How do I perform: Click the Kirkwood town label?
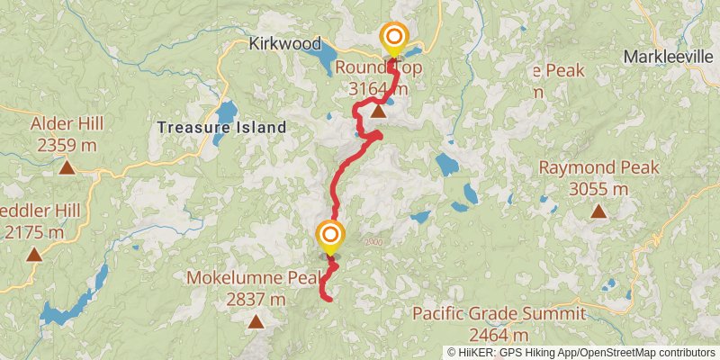point(284,43)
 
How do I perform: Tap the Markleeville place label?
point(670,57)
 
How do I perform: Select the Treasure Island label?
point(221,128)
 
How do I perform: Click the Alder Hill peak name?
point(67,123)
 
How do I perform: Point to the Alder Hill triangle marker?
point(67,166)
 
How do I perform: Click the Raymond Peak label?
point(598,167)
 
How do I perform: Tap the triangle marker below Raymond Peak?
point(598,211)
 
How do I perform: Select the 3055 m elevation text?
point(598,189)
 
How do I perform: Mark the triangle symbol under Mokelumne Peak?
point(256,321)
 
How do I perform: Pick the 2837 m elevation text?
point(256,300)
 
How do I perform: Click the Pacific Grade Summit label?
point(499,314)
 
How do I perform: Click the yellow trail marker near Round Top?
point(393,38)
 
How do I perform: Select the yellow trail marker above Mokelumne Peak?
point(330,236)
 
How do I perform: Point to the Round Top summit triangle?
point(379,112)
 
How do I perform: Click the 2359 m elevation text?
point(67,144)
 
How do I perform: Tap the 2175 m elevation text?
point(33,233)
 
